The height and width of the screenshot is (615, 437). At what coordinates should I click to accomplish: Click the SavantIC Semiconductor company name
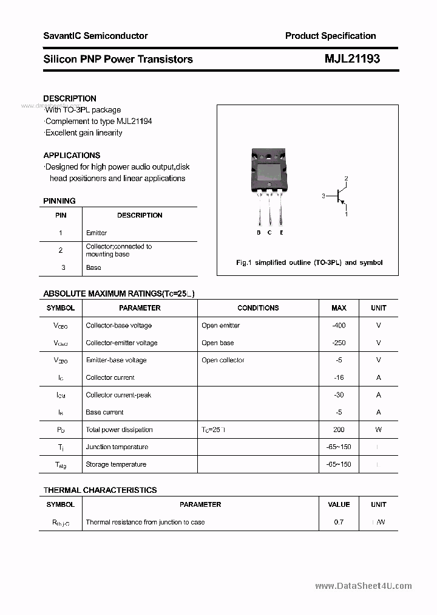pos(95,36)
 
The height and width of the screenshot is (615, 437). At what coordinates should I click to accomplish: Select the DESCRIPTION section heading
pos(70,98)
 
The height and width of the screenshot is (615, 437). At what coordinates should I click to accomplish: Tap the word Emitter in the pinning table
pos(97,233)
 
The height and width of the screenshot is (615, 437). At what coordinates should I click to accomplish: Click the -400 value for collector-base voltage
pos(339,325)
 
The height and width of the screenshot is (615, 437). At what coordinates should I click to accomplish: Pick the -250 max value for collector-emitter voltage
pos(339,343)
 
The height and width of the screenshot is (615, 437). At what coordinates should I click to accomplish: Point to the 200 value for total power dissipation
pos(339,430)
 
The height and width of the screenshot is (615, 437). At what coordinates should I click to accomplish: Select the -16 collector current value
pos(339,377)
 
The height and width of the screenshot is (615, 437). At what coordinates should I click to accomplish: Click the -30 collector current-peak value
pos(339,395)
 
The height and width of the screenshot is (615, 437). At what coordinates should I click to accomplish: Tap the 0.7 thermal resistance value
pos(339,522)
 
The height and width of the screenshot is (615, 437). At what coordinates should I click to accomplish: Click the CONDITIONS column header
pos(258,308)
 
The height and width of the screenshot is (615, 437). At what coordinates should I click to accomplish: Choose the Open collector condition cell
pos(223,360)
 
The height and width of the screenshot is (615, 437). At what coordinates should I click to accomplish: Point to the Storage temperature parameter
pos(116,464)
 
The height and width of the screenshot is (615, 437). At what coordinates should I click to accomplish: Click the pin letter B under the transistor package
pos(259,233)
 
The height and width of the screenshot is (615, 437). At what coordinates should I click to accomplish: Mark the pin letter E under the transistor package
pos(282,233)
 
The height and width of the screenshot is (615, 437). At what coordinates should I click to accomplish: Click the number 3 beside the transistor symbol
pos(324,196)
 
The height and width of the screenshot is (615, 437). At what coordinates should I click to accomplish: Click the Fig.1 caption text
pos(309,263)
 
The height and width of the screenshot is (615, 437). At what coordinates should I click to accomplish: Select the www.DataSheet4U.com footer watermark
pos(364,586)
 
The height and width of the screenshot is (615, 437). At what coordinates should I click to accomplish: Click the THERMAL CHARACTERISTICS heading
pos(100,490)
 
